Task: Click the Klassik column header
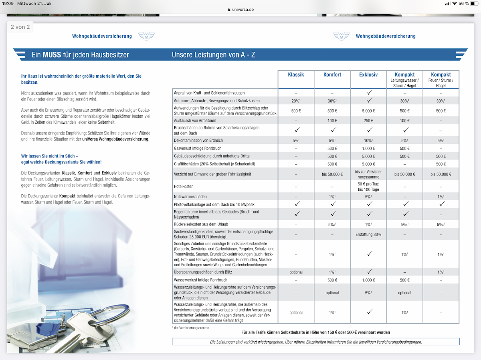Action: coord(296,75)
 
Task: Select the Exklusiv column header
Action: coord(368,75)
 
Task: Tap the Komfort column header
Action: coord(332,75)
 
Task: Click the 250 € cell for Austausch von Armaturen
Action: coord(369,121)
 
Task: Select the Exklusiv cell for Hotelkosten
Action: coord(369,186)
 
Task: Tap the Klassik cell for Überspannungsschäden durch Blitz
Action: coord(296,272)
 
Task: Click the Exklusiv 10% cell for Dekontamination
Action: coord(369,141)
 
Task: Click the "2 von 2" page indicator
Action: coord(20,27)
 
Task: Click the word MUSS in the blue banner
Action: coord(52,55)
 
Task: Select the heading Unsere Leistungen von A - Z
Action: coord(213,55)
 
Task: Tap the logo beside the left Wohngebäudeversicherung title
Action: coord(146,36)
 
